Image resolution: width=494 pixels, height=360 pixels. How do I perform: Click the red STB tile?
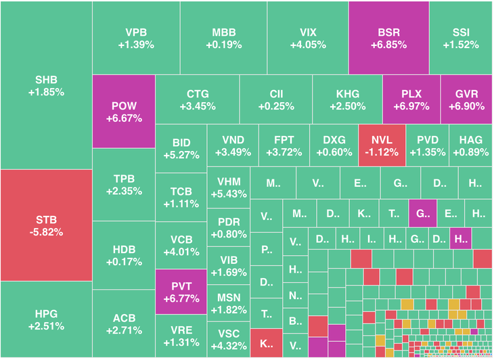(x=46, y=225)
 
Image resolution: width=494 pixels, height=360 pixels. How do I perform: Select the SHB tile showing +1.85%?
(x=46, y=85)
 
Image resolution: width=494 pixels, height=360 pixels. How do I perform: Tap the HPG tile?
(x=46, y=319)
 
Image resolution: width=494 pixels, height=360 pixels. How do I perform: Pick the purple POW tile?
(x=122, y=112)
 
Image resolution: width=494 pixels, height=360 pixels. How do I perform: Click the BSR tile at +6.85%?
(x=388, y=38)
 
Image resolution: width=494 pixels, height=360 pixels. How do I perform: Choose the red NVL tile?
(x=382, y=145)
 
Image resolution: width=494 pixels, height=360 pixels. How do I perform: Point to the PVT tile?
(x=180, y=291)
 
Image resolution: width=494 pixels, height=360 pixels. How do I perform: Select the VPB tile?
(x=135, y=38)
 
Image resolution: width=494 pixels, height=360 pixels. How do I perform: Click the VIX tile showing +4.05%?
(x=307, y=38)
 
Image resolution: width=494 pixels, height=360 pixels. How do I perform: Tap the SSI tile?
(x=461, y=38)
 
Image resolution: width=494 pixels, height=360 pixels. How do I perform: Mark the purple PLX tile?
(x=411, y=99)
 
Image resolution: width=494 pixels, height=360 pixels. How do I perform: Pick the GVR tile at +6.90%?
(x=466, y=99)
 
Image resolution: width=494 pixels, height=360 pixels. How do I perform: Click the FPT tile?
(x=284, y=145)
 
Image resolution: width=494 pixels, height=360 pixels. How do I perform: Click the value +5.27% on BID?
(x=181, y=155)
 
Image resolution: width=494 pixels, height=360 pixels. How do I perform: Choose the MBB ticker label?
(x=223, y=32)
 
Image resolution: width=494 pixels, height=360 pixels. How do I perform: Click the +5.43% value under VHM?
(x=229, y=194)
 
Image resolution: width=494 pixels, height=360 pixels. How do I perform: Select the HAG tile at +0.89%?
(x=470, y=145)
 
